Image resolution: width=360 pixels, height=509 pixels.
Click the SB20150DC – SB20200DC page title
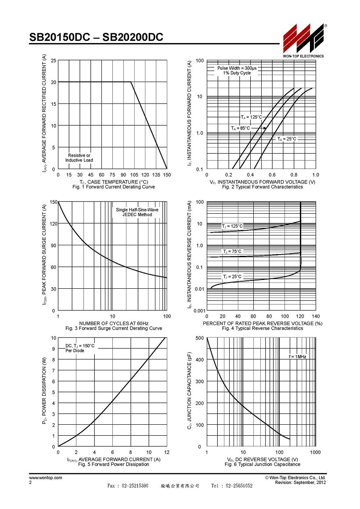(96, 37)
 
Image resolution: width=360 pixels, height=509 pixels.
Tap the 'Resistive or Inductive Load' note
(79, 158)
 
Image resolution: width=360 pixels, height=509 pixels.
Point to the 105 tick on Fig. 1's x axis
(134, 175)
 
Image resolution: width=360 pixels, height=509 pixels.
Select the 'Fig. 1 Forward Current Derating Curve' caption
(114, 187)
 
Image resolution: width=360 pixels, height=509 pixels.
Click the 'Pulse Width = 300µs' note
(237, 68)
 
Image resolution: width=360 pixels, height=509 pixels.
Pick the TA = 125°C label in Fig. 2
(251, 117)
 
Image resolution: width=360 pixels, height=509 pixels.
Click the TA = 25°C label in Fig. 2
(287, 139)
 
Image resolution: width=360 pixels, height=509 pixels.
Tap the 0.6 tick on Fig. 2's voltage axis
(272, 175)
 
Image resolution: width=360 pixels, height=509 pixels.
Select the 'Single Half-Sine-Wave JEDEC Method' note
(137, 212)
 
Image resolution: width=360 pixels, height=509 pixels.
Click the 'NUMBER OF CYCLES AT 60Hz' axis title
(114, 323)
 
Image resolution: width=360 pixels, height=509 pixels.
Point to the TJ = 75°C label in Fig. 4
(232, 251)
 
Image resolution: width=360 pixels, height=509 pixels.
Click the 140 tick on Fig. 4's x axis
(316, 316)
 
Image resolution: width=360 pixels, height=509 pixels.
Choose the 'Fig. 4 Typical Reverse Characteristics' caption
(263, 329)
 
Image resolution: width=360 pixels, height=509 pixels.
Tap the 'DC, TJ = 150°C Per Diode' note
(80, 348)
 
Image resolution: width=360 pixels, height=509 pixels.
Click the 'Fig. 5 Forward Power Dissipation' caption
(114, 465)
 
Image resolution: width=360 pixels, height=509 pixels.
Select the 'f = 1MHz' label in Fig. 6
(298, 356)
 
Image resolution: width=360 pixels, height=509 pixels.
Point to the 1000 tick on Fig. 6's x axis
(315, 452)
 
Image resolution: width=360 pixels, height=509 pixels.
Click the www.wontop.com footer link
(46, 477)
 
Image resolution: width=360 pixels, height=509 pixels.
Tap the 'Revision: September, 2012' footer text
(301, 483)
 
